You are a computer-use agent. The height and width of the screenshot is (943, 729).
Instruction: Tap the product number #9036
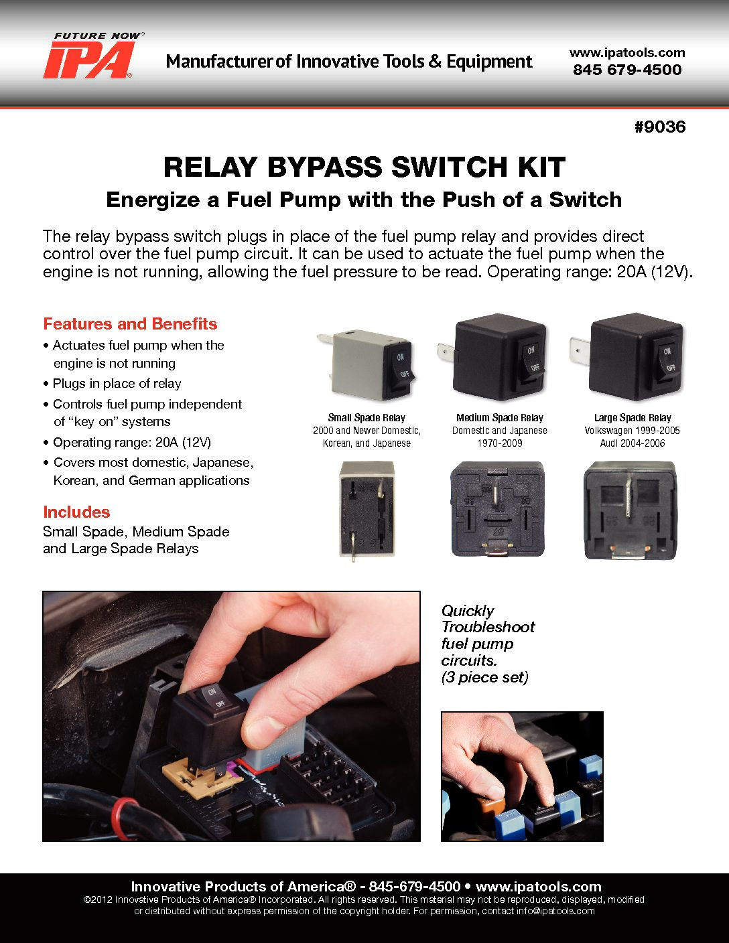tap(659, 127)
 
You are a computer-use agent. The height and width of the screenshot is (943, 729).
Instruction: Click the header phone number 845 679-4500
tap(627, 70)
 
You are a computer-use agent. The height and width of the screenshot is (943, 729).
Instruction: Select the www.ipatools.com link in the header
tap(627, 52)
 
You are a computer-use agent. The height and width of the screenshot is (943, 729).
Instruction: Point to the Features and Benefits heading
tap(130, 323)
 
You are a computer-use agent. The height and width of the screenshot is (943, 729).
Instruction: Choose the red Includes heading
tap(76, 512)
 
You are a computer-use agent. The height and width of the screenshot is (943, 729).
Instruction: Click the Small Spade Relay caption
tap(367, 417)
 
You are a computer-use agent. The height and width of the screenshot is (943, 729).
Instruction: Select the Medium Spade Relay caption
tap(499, 417)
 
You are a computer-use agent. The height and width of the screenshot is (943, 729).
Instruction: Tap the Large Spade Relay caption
tap(632, 417)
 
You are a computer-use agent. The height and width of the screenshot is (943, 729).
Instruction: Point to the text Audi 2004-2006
tap(632, 443)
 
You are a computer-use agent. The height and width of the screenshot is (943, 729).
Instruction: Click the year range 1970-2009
tap(499, 443)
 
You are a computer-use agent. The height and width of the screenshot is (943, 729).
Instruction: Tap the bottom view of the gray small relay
tap(367, 510)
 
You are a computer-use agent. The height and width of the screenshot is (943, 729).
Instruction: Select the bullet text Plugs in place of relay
tap(117, 384)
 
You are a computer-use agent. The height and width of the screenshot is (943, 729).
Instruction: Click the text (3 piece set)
tap(484, 677)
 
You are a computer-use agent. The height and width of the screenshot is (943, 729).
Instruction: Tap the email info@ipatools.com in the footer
tap(555, 911)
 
